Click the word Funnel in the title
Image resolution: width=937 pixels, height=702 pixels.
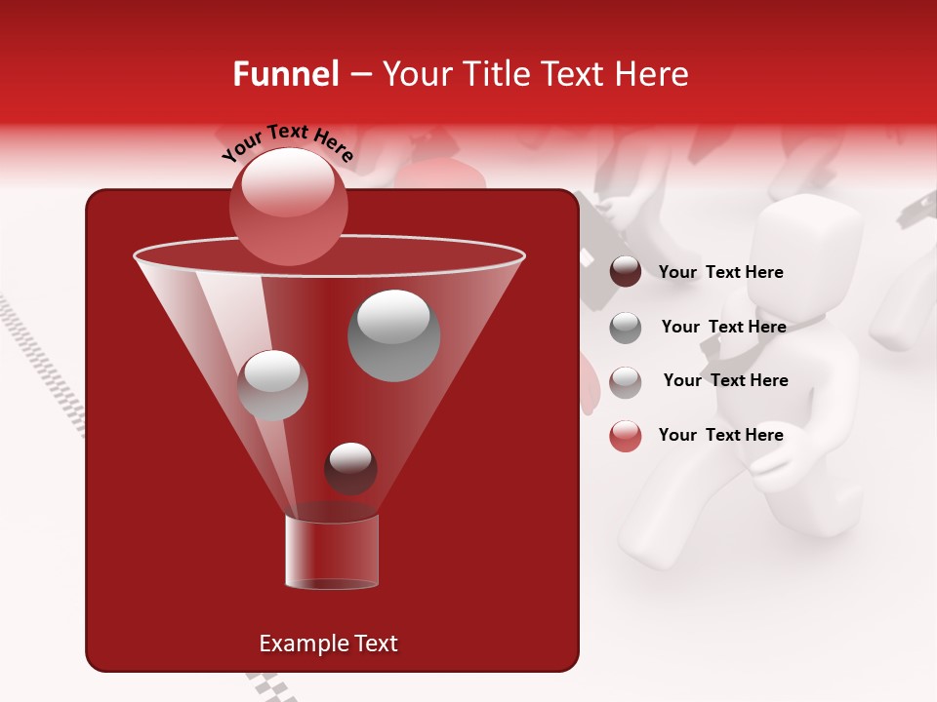285,74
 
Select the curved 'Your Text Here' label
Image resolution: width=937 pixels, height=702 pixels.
288,142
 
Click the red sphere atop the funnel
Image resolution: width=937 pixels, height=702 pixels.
288,206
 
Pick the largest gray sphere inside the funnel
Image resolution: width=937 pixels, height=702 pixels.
393,334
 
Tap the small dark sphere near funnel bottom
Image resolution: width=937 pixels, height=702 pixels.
350,468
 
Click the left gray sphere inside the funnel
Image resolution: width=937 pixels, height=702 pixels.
272,384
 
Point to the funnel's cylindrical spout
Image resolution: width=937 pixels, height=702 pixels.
332,552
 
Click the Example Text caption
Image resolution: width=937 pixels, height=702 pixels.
328,643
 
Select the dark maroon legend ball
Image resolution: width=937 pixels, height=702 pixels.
626,272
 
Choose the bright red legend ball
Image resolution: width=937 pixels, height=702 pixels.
626,436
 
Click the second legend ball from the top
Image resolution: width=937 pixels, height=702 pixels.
626,328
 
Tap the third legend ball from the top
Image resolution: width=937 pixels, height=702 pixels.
626,381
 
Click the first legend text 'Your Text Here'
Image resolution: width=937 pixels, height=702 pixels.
720,272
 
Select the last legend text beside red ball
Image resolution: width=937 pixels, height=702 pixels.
720,435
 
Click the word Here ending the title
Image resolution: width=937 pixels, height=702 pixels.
653,74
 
